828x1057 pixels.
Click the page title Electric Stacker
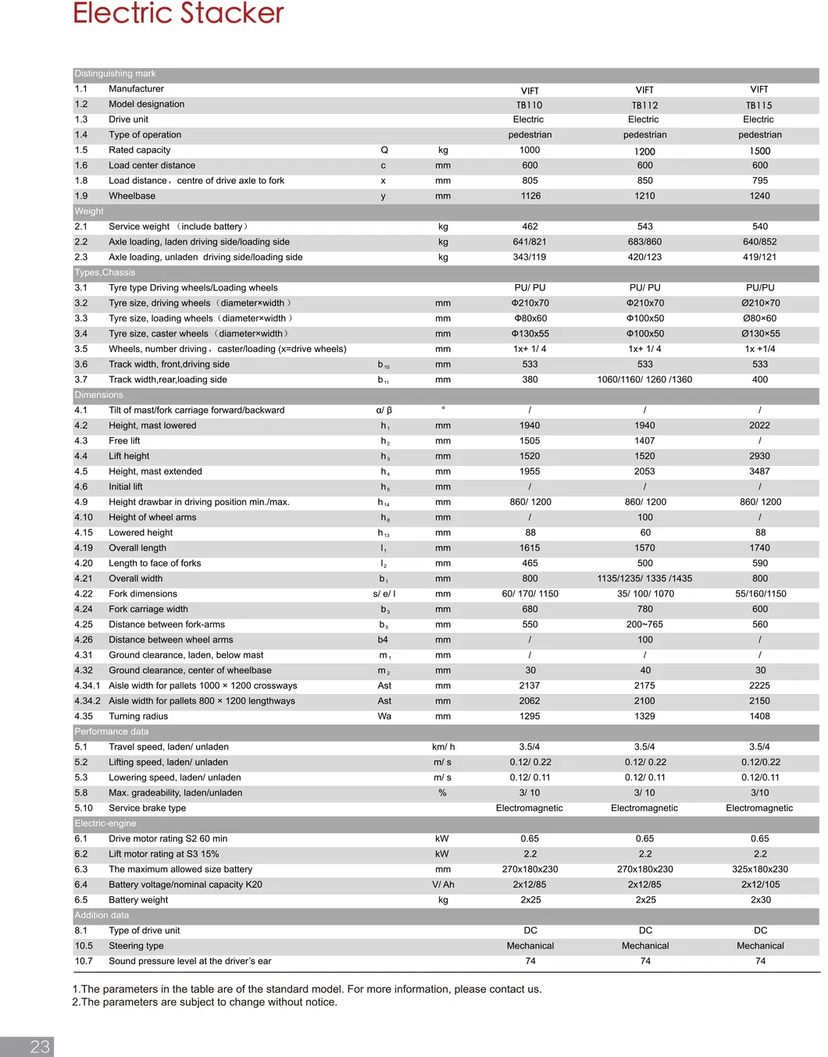point(178,13)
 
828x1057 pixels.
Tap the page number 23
point(40,1047)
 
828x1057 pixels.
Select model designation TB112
point(644,105)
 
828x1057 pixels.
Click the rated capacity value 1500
point(759,151)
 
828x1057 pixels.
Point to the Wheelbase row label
point(132,196)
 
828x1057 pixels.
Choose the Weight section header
point(89,212)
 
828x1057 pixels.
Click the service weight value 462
point(530,226)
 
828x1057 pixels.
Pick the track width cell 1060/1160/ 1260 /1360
point(644,379)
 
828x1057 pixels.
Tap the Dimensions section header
point(98,395)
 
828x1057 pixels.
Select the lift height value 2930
point(759,456)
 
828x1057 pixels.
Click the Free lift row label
point(124,441)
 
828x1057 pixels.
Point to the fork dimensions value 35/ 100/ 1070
point(645,594)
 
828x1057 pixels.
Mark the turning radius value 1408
point(759,716)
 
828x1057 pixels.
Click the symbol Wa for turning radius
point(384,716)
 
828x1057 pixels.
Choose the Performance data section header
point(111,731)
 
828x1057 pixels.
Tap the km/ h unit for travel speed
point(443,747)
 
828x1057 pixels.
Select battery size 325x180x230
point(759,869)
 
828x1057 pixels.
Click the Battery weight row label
point(138,900)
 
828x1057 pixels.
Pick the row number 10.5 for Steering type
point(84,946)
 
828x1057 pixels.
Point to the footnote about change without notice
point(205,1002)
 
